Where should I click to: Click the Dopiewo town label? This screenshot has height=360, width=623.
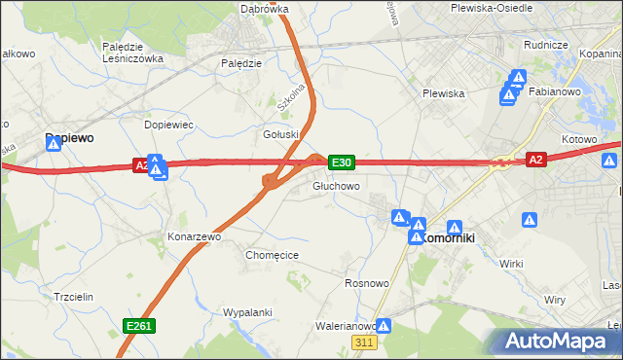tap(69, 139)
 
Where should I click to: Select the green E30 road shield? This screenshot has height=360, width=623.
tap(341, 162)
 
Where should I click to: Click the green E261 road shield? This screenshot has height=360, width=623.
tap(137, 326)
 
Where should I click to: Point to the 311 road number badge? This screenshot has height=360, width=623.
tap(364, 343)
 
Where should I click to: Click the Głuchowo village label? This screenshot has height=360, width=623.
tap(336, 186)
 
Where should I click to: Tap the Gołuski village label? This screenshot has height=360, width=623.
tap(280, 134)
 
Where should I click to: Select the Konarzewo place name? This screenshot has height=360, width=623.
tap(195, 236)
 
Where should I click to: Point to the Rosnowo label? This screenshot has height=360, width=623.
tap(367, 283)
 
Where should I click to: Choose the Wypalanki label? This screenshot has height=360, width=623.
tap(246, 312)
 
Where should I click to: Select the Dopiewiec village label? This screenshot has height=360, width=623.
tap(169, 126)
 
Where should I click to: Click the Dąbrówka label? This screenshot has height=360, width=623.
tap(265, 9)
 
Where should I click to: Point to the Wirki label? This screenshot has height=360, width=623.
tap(511, 264)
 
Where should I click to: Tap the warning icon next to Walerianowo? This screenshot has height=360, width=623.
tap(385, 327)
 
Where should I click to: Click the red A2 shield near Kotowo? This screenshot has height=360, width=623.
tap(534, 160)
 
